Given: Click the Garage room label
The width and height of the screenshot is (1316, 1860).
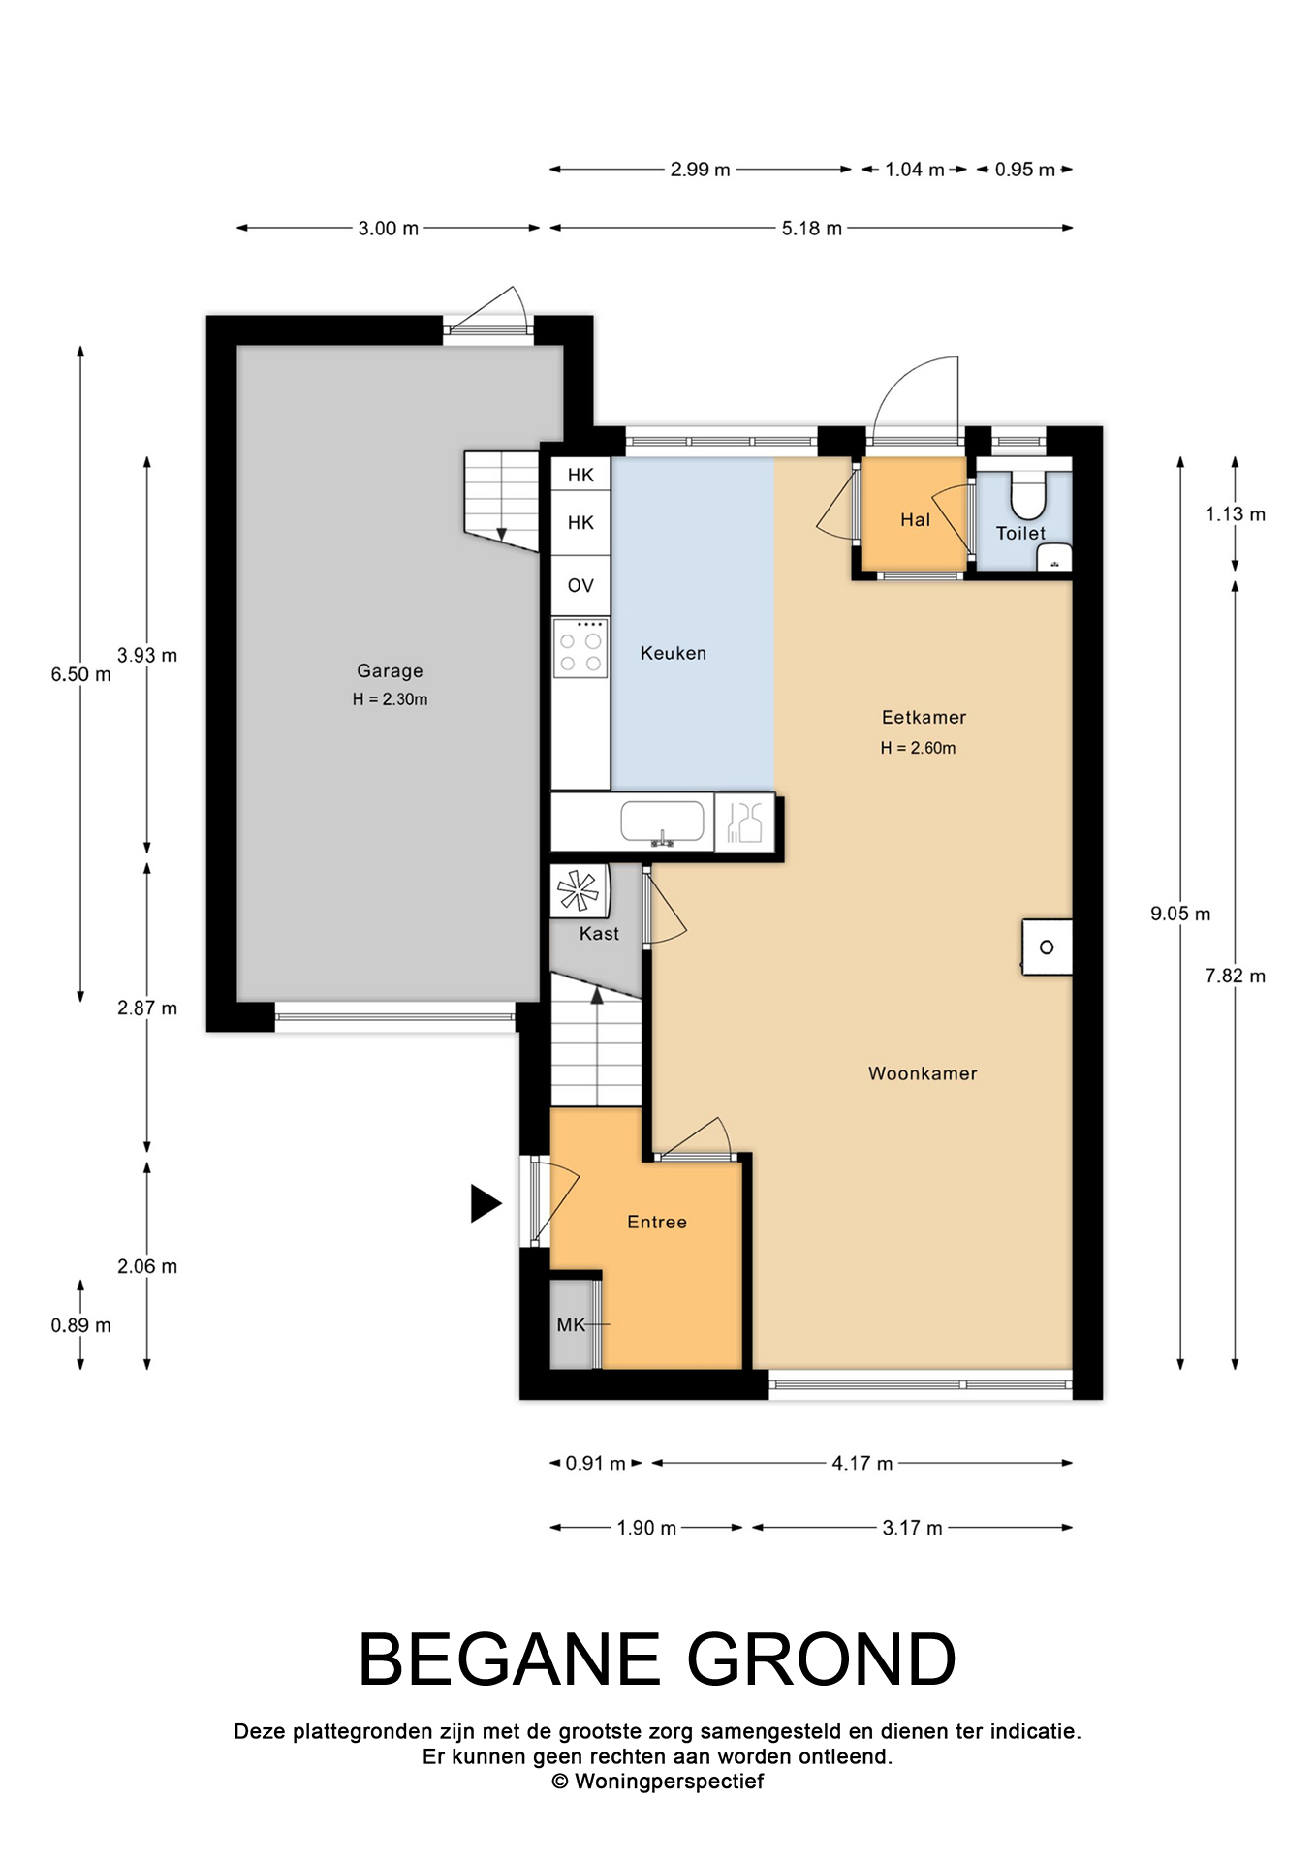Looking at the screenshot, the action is pyautogui.click(x=390, y=670).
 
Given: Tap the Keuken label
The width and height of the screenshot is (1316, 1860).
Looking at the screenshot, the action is pyautogui.click(x=674, y=653).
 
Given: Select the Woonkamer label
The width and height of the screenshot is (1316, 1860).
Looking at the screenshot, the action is pyautogui.click(x=923, y=1073).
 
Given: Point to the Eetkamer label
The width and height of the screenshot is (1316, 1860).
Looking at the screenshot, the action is pyautogui.click(x=924, y=717).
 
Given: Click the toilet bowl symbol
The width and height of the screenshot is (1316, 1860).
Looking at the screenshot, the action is pyautogui.click(x=1028, y=494).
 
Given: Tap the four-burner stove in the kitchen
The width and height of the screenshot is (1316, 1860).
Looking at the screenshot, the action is pyautogui.click(x=580, y=647).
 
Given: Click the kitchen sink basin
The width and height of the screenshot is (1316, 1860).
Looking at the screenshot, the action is pyautogui.click(x=663, y=821).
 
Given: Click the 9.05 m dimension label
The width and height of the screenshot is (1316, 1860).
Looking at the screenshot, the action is pyautogui.click(x=1180, y=914).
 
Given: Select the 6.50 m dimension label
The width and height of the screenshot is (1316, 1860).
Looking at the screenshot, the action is pyautogui.click(x=81, y=674).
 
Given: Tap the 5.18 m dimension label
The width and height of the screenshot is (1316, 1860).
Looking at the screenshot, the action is pyautogui.click(x=812, y=229).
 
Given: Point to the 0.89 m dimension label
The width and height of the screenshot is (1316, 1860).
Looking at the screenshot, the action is pyautogui.click(x=81, y=1325).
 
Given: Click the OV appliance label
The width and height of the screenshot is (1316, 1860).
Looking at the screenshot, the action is pyautogui.click(x=580, y=585).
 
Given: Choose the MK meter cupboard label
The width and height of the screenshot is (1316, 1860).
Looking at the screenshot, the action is pyautogui.click(x=571, y=1324).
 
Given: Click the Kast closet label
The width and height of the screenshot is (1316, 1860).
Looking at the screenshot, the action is pyautogui.click(x=599, y=934).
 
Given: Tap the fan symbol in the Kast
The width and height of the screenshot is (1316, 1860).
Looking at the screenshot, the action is pyautogui.click(x=578, y=890).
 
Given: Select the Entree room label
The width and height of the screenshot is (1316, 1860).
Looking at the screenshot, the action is pyautogui.click(x=657, y=1223).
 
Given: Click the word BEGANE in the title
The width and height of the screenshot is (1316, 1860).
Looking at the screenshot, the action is pyautogui.click(x=510, y=1659).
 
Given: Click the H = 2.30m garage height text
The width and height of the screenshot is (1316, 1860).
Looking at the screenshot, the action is pyautogui.click(x=390, y=699).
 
